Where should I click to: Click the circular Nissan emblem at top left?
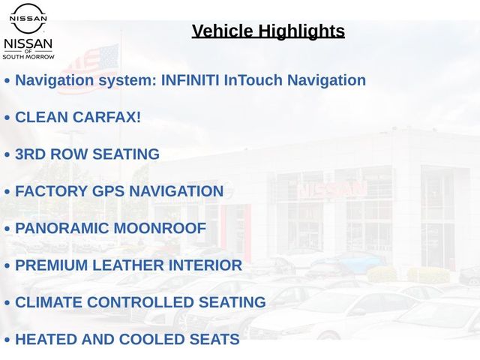28,18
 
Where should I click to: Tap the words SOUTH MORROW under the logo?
28,57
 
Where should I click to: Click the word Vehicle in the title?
223,31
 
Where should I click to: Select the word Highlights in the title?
301,31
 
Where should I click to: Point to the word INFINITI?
190,80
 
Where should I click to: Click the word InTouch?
253,80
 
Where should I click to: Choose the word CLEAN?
42,117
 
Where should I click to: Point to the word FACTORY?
52,191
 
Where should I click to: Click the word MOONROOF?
160,228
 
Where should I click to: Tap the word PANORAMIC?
61,228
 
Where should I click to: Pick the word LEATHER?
128,265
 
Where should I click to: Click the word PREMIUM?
52,265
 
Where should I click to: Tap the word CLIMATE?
49,302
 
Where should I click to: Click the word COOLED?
151,339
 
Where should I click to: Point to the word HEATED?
46,339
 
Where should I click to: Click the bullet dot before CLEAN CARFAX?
7,118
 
